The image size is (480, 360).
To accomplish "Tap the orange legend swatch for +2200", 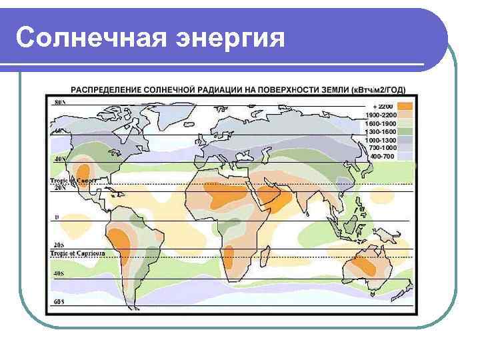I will (405, 106).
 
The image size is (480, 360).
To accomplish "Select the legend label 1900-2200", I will (381, 115).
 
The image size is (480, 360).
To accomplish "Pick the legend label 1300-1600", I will (381, 131).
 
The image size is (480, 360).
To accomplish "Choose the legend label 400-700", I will (381, 156).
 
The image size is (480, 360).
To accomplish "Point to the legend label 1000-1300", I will (381, 139).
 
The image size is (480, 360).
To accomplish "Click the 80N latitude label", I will (59, 103).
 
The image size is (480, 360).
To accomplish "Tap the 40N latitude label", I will (60, 160).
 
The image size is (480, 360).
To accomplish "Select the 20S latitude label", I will (59, 245).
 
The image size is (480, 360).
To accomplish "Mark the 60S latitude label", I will (59, 302).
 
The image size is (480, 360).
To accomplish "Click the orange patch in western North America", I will (84, 168).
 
